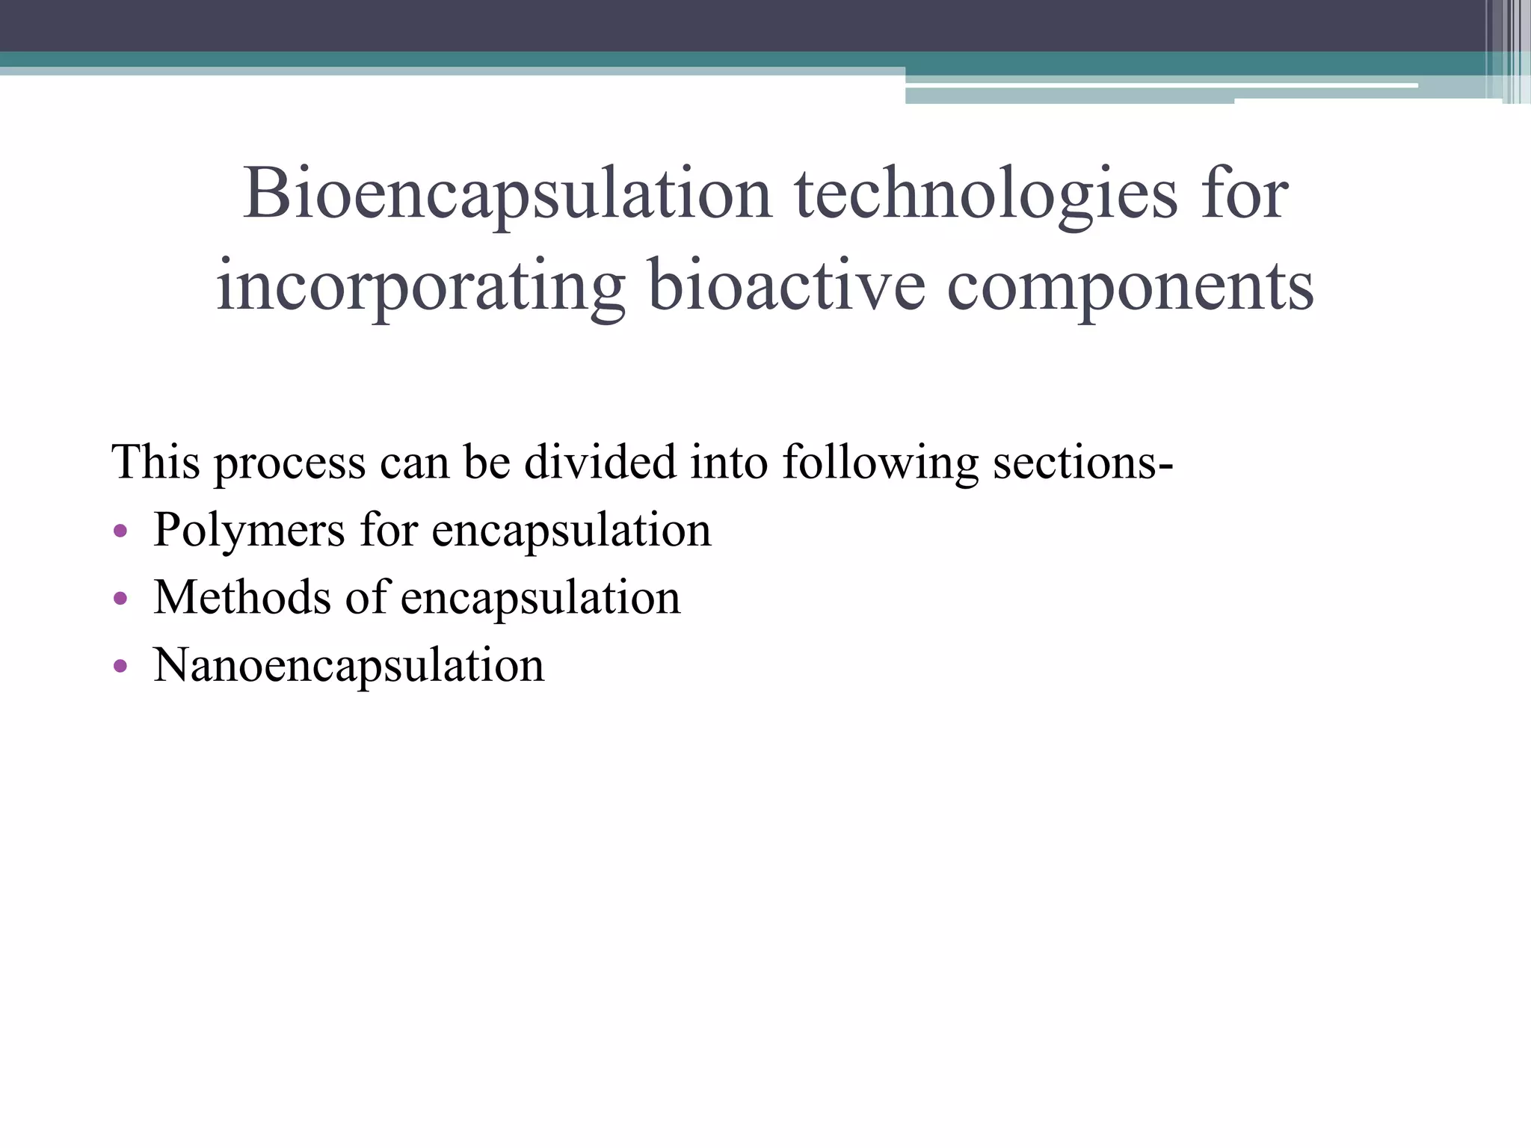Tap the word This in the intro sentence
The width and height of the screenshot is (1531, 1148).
click(155, 461)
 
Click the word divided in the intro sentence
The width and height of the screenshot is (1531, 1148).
click(600, 461)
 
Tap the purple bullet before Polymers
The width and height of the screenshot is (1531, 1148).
click(120, 531)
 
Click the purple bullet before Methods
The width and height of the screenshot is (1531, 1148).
click(120, 599)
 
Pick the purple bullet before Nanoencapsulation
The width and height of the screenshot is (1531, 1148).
click(120, 666)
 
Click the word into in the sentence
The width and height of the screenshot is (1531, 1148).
click(729, 461)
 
